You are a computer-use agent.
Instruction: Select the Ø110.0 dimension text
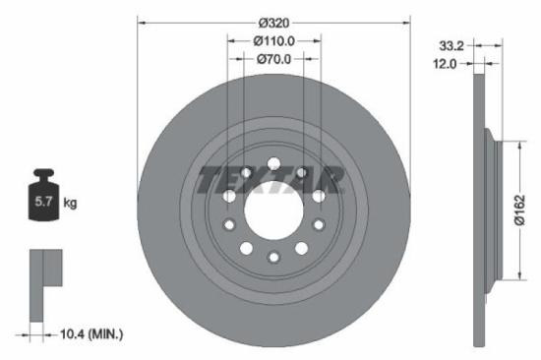[274, 41]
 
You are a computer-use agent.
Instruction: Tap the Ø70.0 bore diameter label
[274, 60]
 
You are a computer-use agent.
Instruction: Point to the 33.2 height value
[450, 45]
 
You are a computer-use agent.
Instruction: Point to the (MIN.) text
[104, 335]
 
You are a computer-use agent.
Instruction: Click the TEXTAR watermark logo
[271, 181]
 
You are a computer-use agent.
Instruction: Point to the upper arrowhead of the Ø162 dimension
[513, 144]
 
